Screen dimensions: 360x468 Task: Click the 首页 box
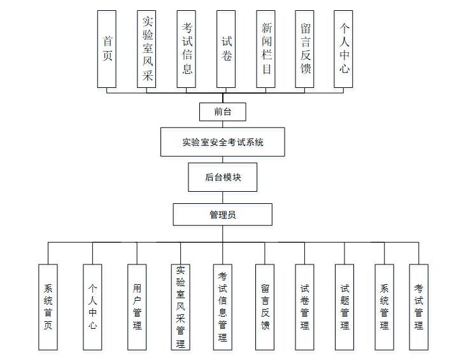[107, 49]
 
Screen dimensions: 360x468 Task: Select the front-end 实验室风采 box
[146, 49]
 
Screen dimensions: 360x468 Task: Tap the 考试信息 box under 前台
[187, 49]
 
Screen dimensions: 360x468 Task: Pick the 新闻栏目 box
[266, 49]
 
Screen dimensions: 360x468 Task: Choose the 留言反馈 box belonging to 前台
[305, 49]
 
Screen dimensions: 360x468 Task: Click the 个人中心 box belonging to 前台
[344, 49]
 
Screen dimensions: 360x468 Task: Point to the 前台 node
[222, 112]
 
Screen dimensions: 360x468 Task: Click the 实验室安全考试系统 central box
[222, 142]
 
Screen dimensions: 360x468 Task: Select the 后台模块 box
[222, 177]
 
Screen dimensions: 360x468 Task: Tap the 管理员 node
[222, 215]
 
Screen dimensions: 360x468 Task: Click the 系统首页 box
[48, 307]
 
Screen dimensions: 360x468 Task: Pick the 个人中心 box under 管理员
[92, 307]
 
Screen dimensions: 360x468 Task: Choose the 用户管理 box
[137, 307]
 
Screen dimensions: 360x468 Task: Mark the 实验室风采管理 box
[180, 307]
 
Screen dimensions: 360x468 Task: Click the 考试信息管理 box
[223, 307]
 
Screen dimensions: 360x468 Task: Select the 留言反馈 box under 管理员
[265, 307]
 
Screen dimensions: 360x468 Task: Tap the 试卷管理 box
[305, 307]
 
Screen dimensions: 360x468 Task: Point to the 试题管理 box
[344, 307]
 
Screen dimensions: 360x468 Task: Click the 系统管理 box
[385, 307]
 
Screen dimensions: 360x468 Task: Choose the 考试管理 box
[418, 307]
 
